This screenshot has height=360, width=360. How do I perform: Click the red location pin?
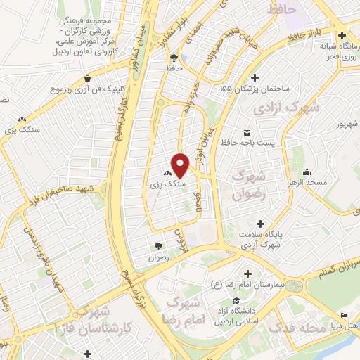[181, 165]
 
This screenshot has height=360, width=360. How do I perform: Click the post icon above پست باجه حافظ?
[246, 132]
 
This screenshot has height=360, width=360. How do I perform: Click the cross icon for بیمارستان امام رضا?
[247, 273]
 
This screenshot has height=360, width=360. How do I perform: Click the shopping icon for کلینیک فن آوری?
[87, 79]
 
